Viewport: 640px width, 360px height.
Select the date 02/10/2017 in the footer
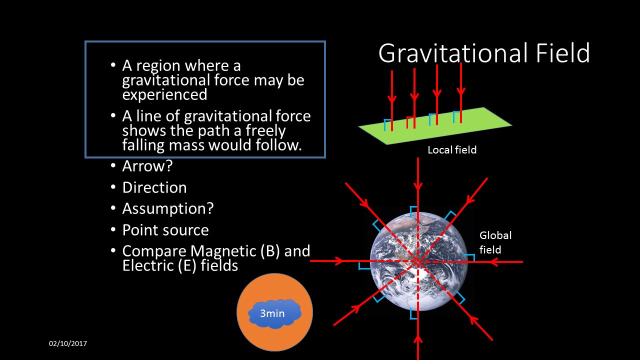coord(68,344)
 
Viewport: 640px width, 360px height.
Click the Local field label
coord(452,150)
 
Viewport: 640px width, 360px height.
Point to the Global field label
coord(495,242)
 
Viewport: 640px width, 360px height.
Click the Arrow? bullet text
coord(147,166)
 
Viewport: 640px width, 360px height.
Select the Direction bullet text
coord(154,187)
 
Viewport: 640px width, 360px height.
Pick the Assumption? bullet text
coord(167,208)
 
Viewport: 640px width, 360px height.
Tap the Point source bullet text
coord(165,230)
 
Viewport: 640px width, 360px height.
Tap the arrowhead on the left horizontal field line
coord(339,261)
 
